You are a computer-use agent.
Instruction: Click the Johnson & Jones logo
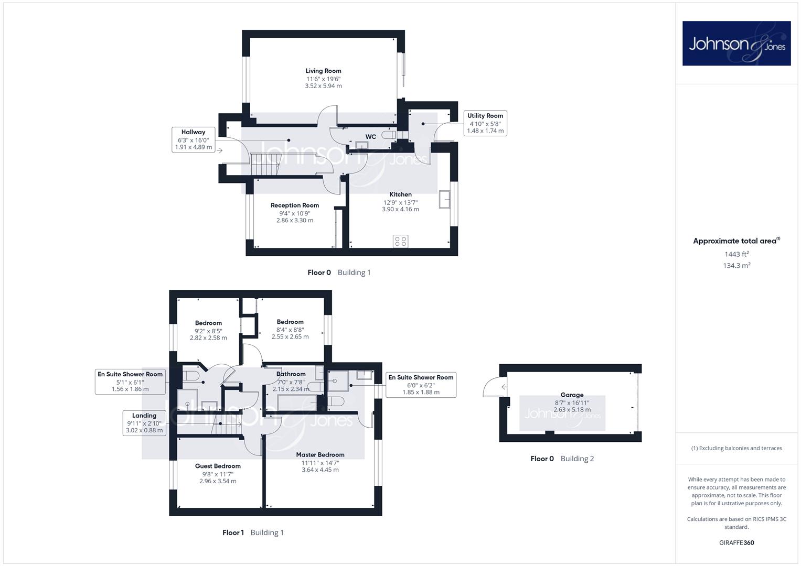point(736,43)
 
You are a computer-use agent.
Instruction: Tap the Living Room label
point(323,71)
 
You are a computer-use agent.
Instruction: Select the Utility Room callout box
point(485,123)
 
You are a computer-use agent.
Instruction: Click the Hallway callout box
point(193,140)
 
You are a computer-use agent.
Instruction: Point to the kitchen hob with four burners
point(401,241)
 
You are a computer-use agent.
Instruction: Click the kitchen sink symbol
point(444,199)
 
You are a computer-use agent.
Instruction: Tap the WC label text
point(370,136)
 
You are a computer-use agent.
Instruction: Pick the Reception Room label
point(295,205)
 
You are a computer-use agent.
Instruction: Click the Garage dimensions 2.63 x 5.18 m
point(572,409)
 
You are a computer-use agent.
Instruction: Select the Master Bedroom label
point(320,454)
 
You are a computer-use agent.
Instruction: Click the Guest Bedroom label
point(218,466)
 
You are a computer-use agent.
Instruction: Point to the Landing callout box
point(144,423)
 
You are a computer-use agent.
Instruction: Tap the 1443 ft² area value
point(736,254)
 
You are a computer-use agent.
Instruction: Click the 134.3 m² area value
point(736,266)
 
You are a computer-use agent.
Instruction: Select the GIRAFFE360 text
point(736,542)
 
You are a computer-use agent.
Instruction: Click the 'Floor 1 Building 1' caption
point(253,532)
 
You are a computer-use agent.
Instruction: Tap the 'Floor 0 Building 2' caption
point(562,459)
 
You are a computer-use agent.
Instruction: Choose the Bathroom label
point(291,374)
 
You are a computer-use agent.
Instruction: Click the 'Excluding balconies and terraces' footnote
point(736,448)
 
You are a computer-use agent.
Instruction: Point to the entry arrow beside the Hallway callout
point(220,150)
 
